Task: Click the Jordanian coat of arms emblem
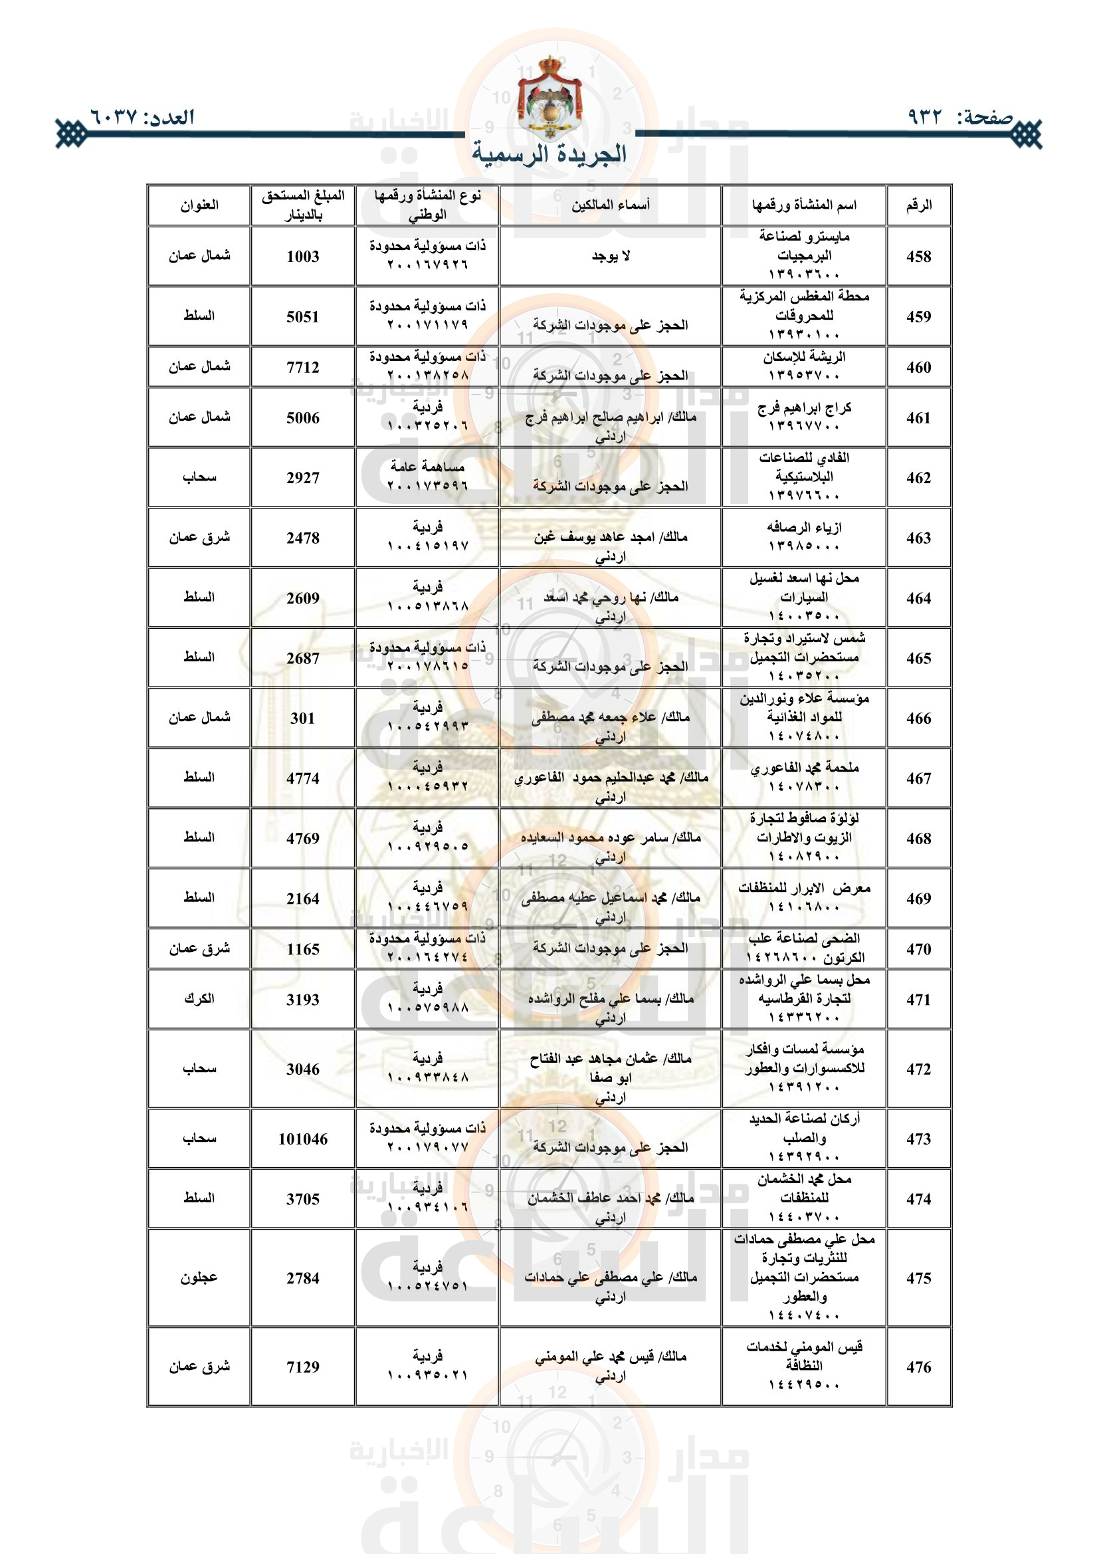549,100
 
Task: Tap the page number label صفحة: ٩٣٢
959,117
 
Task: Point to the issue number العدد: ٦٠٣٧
142,117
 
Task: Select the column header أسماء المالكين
611,205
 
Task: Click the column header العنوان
199,205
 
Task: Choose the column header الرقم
918,205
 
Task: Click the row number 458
918,257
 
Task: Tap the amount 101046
302,1139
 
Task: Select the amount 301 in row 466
302,718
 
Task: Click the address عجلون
199,1277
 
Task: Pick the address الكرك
199,998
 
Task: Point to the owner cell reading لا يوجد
611,256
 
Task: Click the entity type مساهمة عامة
427,467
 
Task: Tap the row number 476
918,1367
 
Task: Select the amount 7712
302,368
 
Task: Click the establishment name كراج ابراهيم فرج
804,407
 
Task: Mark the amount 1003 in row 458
302,257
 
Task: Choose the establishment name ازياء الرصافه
804,527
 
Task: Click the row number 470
918,949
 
